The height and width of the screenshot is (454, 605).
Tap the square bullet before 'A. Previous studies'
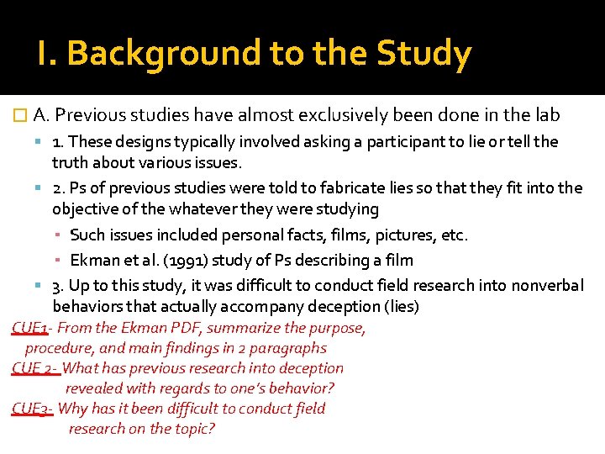21,116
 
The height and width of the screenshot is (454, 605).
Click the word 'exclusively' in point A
329,115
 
